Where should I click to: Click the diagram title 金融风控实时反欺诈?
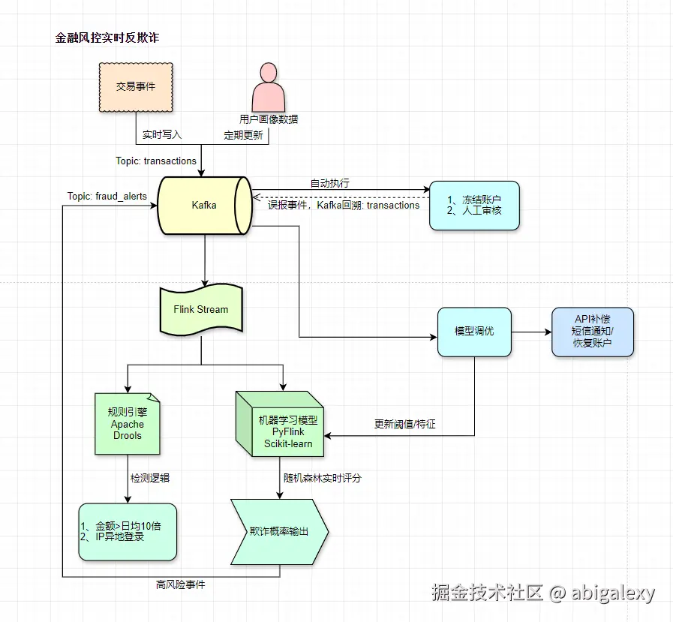pyautogui.click(x=107, y=38)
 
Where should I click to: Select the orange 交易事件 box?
pyautogui.click(x=136, y=87)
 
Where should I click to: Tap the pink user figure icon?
pyautogui.click(x=268, y=88)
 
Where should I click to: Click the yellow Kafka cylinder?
pyautogui.click(x=203, y=205)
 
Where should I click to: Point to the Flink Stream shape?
pyautogui.click(x=201, y=309)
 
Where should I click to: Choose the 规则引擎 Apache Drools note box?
pyautogui.click(x=128, y=424)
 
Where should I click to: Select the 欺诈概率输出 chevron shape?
pyautogui.click(x=279, y=531)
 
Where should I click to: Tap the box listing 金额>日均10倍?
pyautogui.click(x=128, y=531)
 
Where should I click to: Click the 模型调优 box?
pyautogui.click(x=474, y=332)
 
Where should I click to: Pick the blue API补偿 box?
pyautogui.click(x=593, y=332)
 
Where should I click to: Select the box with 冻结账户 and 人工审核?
pyautogui.click(x=474, y=206)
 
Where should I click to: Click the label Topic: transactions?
pyautogui.click(x=156, y=161)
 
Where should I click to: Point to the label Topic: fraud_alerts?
pyautogui.click(x=107, y=196)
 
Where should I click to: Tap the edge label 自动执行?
pyautogui.click(x=329, y=183)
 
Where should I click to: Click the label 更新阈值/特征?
pyautogui.click(x=404, y=424)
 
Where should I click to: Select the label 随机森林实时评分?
pyautogui.click(x=322, y=477)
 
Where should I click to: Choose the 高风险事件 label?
pyautogui.click(x=180, y=584)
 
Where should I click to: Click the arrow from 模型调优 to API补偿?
pyautogui.click(x=531, y=332)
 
